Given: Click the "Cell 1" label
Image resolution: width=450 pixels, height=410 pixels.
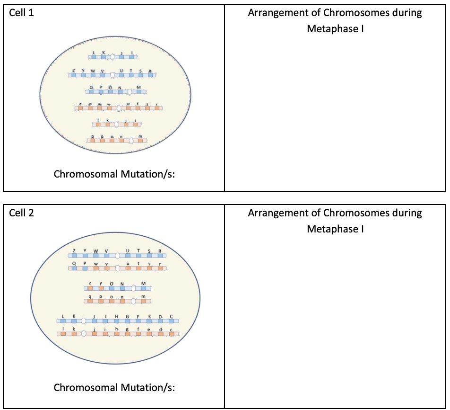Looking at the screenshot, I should pos(22,13).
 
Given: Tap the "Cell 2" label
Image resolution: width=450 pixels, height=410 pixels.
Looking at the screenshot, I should pos(22,213).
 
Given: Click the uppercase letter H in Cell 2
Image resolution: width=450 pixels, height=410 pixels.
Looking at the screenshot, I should pos(116,316).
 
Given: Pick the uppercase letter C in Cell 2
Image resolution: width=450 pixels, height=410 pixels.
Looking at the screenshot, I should pos(171,316).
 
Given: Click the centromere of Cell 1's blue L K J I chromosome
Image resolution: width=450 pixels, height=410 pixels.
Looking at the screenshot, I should pos(112,57).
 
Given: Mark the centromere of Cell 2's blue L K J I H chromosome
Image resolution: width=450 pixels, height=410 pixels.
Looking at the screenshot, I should pos(84,321).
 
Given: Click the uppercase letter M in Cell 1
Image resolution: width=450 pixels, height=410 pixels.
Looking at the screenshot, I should pos(138,87).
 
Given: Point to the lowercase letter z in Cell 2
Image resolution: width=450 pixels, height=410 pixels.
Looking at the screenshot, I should pos(89,283).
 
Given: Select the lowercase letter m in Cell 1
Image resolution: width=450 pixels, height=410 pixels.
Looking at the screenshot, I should pos(140,136).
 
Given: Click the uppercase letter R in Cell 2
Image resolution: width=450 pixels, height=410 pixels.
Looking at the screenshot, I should pos(160,251).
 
